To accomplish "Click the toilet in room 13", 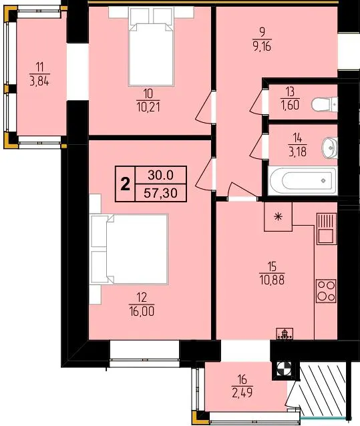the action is tap(325, 104).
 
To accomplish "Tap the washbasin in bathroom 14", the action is tap(329, 148).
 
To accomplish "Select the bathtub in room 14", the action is tap(303, 180).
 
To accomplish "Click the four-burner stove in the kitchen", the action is tap(326, 291).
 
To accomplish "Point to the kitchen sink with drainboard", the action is tap(327, 229).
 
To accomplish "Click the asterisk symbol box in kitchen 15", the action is tap(278, 216).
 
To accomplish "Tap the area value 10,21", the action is tap(148, 108).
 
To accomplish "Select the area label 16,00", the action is tap(142, 311).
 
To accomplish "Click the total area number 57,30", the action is tap(160, 193).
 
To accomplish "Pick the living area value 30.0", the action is tap(160, 175).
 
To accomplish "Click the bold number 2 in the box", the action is tap(125, 184).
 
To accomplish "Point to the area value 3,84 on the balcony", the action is tap(39, 81).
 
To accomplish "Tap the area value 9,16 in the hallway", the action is tap(261, 47).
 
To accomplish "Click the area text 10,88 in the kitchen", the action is tap(273, 280).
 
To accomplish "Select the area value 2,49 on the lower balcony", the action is tap(242, 393).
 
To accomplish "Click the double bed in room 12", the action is tap(129, 249).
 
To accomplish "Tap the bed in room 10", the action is tap(151, 47).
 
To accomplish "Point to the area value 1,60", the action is tap(290, 105).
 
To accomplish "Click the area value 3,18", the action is tap(298, 152).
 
